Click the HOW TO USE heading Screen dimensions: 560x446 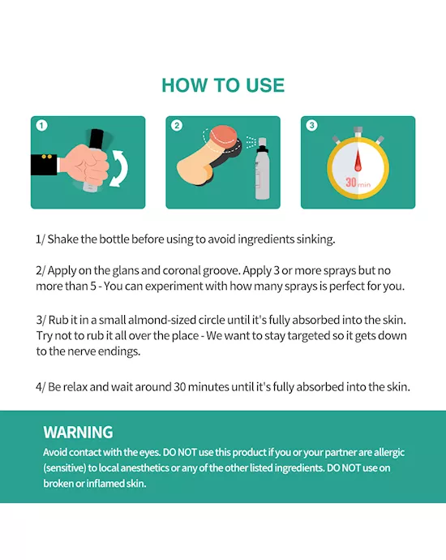[223, 85]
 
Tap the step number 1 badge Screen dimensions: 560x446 [41, 126]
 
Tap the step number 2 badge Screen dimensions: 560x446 [177, 126]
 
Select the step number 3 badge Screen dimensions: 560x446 [311, 126]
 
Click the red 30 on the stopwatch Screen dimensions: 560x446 [352, 183]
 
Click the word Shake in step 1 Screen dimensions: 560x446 [66, 239]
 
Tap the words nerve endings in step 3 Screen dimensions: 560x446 [108, 351]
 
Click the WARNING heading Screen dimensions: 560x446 [78, 433]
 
